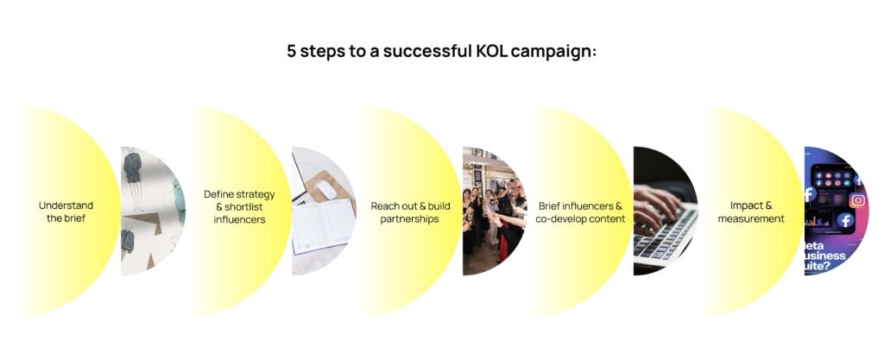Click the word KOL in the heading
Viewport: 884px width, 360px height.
(489, 51)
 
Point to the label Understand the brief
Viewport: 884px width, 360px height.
(66, 212)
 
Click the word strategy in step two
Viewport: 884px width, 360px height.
(256, 195)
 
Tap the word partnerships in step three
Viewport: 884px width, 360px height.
(409, 219)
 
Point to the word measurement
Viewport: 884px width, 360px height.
(751, 218)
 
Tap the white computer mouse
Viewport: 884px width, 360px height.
(327, 190)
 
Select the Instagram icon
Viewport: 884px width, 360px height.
(857, 200)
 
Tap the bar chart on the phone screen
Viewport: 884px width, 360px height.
(818, 220)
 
